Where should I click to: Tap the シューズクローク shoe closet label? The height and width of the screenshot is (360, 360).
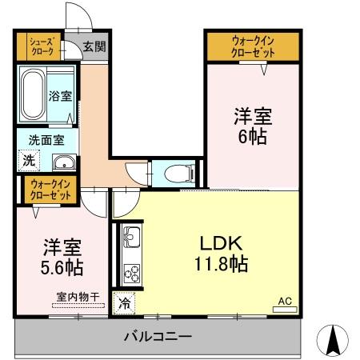41,46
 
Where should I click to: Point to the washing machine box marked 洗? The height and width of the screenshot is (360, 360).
28,160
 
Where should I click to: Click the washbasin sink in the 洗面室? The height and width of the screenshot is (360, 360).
62,163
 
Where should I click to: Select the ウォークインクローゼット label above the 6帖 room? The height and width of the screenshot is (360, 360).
253,46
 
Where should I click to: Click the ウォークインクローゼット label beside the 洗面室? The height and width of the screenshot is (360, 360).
49,190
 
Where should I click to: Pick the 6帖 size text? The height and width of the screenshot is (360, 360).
253,136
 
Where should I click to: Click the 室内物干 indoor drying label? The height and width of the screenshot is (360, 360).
78,297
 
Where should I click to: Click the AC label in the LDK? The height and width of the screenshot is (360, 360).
284,302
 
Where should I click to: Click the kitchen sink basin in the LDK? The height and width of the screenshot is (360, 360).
130,237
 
